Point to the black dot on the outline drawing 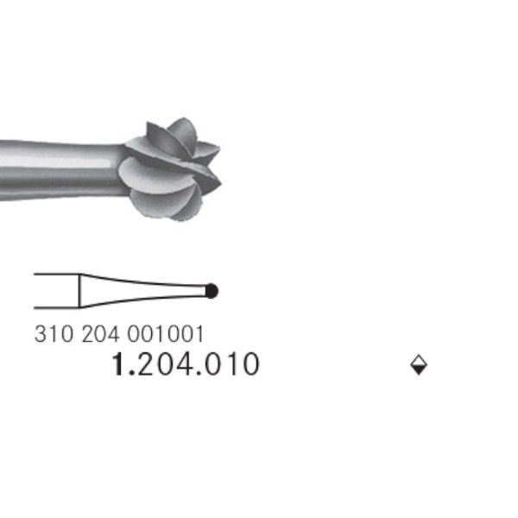click(212, 291)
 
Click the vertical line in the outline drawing click(79, 291)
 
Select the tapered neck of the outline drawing click(142, 290)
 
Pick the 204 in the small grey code click(100, 334)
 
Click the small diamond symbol click(419, 365)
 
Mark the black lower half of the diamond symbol click(419, 370)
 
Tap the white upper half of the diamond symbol click(419, 361)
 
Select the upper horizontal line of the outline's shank click(56, 275)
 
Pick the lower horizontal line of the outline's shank click(56, 307)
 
